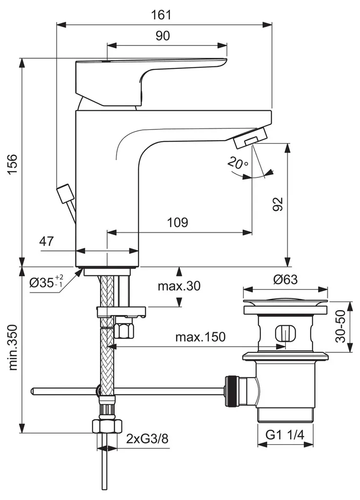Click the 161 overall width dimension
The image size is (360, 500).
[164, 15]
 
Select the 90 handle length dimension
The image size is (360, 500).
[163, 36]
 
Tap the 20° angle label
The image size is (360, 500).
[238, 164]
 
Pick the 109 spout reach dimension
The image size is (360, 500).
[178, 223]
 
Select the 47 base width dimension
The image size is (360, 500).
[46, 241]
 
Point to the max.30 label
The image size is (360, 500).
[179, 286]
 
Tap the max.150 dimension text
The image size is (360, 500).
[200, 336]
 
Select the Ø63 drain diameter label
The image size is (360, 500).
[285, 280]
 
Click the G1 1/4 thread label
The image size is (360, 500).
[285, 433]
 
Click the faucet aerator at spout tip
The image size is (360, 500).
[250, 140]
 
